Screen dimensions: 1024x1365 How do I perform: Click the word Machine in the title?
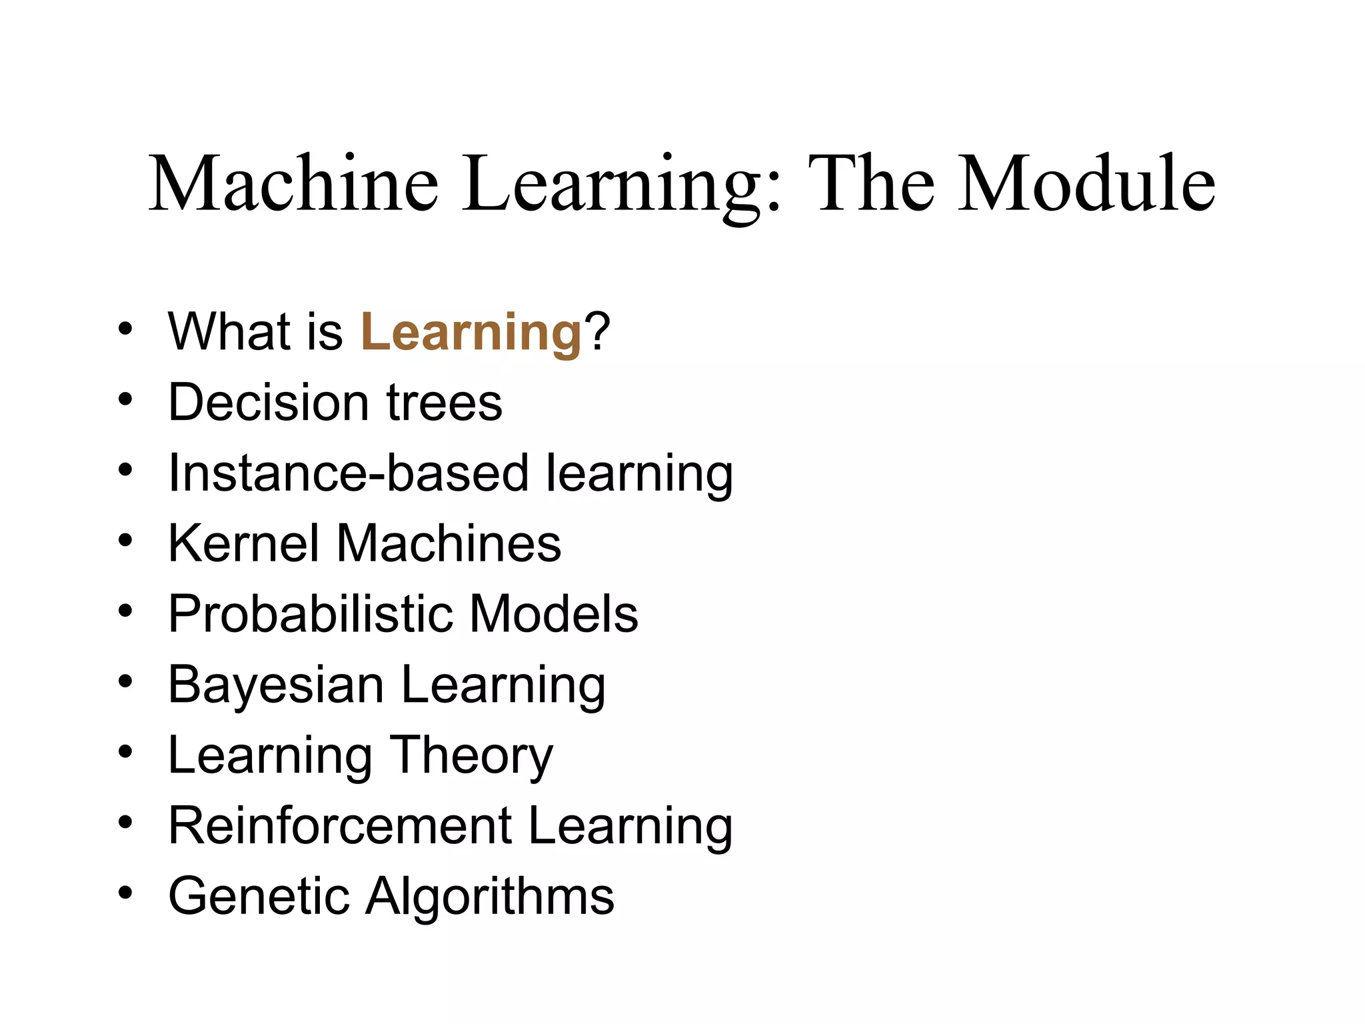point(293,183)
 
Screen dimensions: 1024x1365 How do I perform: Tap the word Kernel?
point(244,543)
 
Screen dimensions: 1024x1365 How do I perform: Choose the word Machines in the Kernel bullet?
point(449,543)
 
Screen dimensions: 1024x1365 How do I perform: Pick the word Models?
point(553,614)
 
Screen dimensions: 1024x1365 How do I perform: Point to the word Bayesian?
point(276,685)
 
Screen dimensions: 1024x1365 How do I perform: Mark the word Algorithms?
point(490,896)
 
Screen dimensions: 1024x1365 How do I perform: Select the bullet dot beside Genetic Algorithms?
point(125,893)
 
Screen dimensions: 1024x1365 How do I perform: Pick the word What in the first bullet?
point(224,331)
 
